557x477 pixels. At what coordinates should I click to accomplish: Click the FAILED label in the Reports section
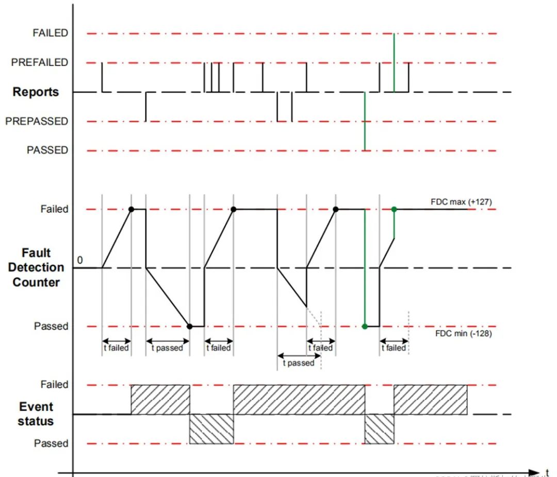[50, 33]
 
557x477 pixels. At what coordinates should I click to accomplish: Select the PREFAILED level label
[40, 62]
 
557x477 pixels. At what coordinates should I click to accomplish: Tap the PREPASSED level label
[37, 121]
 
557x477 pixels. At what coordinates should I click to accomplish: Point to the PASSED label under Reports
[47, 150]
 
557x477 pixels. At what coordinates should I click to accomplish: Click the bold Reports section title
[36, 92]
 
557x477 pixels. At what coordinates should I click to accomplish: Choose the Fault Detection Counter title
[36, 267]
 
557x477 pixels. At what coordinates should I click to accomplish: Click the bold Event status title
[36, 414]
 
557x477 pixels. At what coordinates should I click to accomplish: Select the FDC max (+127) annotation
[461, 202]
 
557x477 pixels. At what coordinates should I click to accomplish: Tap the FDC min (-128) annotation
[463, 333]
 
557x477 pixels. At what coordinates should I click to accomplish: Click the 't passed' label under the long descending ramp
[167, 348]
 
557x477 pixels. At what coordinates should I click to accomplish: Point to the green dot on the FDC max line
[394, 209]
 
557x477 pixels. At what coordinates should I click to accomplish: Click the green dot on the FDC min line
[365, 326]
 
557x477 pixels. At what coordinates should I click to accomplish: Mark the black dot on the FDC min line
[190, 326]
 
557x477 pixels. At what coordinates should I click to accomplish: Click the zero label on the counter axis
[79, 260]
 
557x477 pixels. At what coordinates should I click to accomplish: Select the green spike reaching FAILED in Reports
[394, 62]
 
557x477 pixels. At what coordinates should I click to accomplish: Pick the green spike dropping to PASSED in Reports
[365, 121]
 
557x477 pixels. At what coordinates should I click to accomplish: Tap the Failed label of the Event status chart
[54, 385]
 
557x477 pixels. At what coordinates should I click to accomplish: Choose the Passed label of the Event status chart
[51, 443]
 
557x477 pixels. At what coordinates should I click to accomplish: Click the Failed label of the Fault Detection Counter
[54, 209]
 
